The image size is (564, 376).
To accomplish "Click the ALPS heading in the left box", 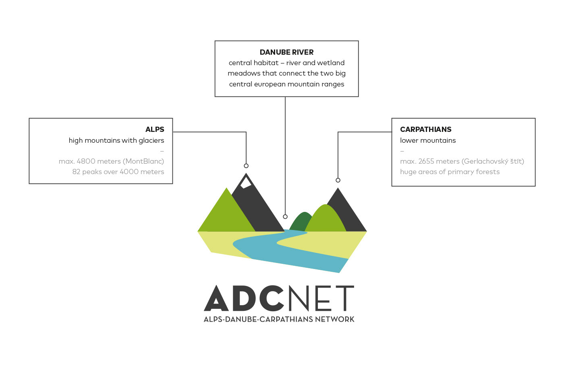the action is [x=155, y=129].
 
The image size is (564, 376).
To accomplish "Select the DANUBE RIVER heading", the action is [x=286, y=52].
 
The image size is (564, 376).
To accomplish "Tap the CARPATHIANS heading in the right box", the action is [x=425, y=129].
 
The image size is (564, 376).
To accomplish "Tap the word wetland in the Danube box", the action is [x=331, y=63].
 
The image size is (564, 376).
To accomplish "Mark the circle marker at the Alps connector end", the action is [x=246, y=166].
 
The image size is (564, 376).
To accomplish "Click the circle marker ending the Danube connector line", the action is [x=285, y=217].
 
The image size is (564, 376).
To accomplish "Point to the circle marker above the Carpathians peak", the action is [x=338, y=180].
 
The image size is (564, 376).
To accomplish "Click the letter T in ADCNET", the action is [x=344, y=299].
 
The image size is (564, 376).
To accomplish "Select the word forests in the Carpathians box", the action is [x=487, y=172].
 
